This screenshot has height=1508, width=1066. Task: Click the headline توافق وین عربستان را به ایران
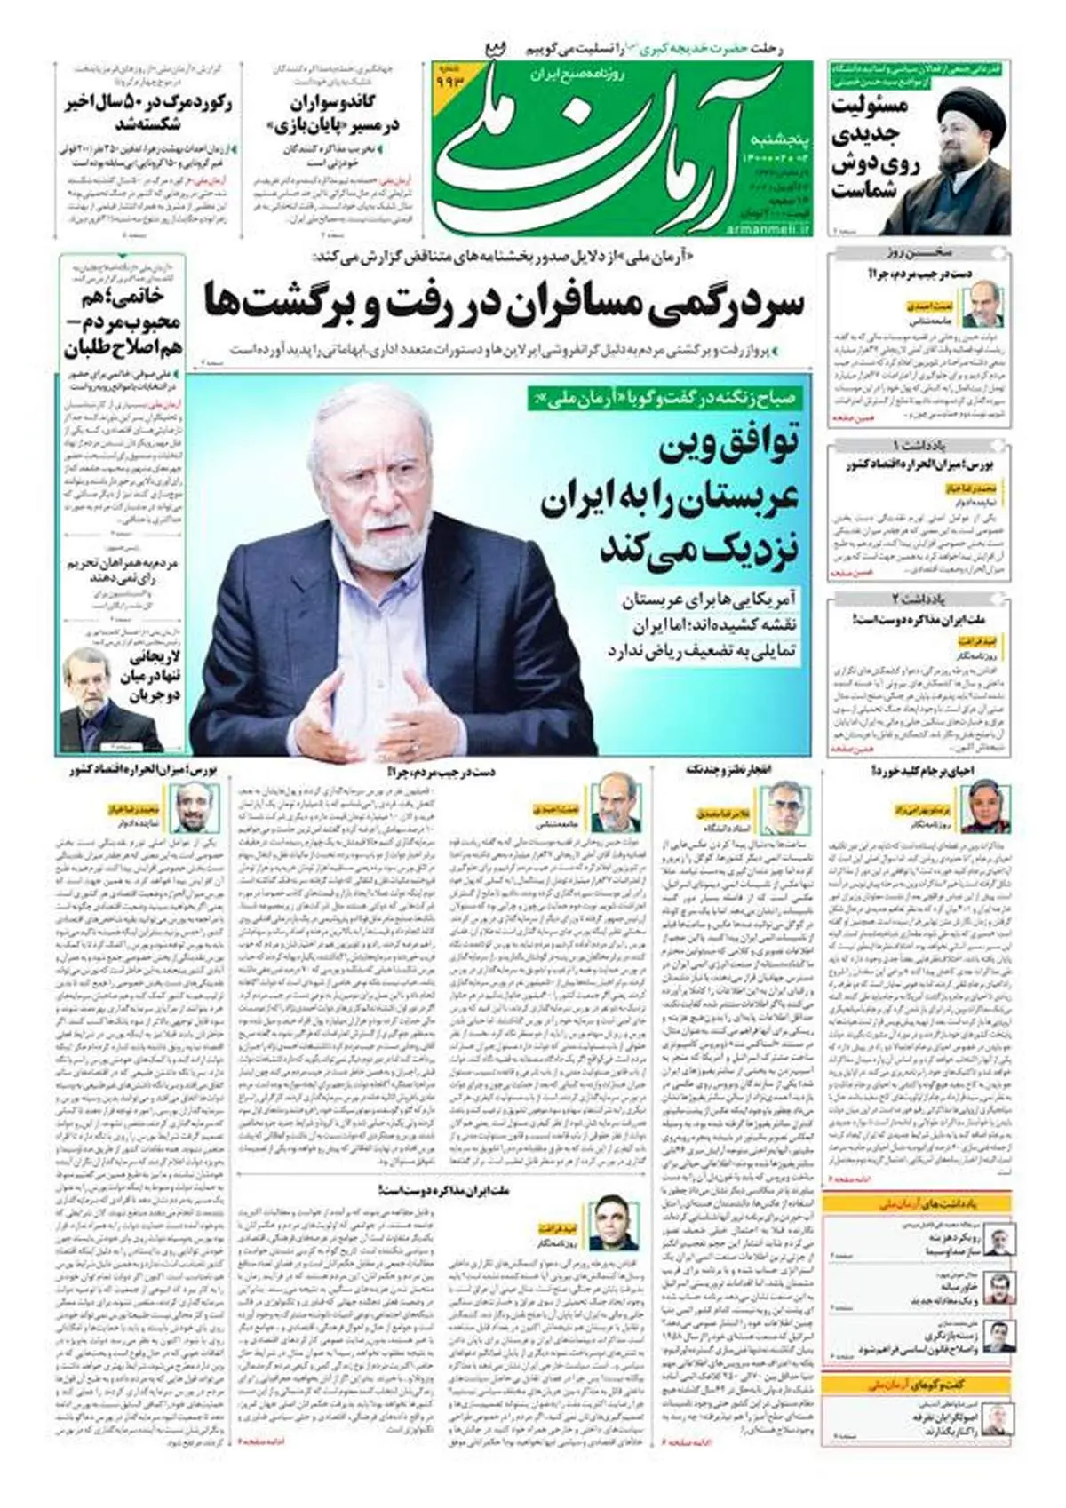point(672,480)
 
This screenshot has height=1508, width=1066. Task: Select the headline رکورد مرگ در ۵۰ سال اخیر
point(149,114)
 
